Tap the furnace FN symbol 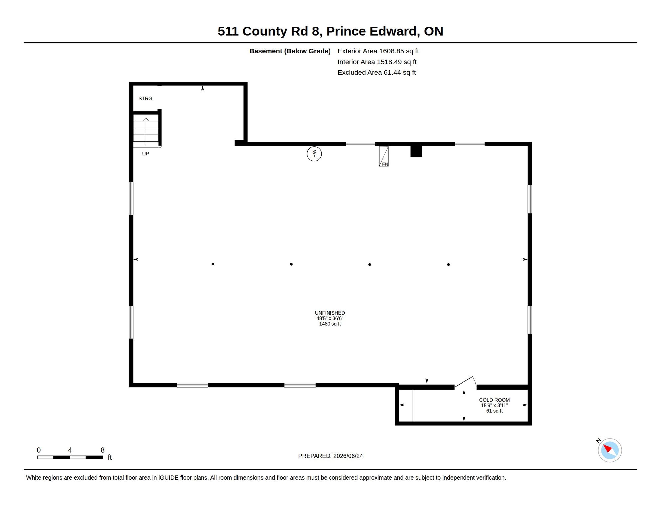(384, 156)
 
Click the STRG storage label (145, 99)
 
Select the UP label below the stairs (146, 154)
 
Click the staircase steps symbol (146, 131)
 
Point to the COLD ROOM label (494, 400)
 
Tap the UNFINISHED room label (330, 313)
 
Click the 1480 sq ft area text (330, 324)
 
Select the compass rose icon (610, 450)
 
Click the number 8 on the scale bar (103, 450)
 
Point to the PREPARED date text (330, 456)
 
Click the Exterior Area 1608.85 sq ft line (378, 51)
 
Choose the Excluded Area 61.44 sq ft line (377, 72)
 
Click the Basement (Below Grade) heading (290, 51)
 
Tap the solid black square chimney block (416, 151)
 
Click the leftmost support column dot (213, 264)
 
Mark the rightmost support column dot (448, 265)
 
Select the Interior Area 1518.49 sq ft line (377, 62)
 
